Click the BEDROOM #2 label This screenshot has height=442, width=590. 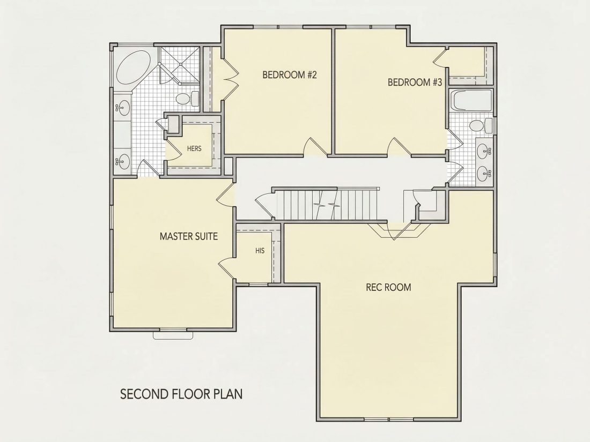[x=289, y=75]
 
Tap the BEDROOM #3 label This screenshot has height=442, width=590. [x=415, y=82]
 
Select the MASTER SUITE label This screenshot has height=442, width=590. [x=188, y=236]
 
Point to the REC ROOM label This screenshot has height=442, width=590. [x=388, y=287]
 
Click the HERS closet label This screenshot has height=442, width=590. [x=194, y=148]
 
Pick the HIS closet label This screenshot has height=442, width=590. [x=260, y=251]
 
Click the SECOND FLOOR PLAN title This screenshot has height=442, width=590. [x=181, y=394]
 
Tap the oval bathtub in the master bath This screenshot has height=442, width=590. [x=134, y=68]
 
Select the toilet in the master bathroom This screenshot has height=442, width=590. [x=187, y=99]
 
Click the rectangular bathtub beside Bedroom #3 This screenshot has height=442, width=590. [x=471, y=100]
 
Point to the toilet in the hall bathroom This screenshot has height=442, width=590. [x=481, y=125]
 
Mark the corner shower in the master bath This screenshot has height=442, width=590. [x=179, y=65]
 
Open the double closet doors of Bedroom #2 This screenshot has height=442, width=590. [x=230, y=79]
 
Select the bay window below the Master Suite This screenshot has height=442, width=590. [x=173, y=334]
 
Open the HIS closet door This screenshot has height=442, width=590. [x=226, y=268]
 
